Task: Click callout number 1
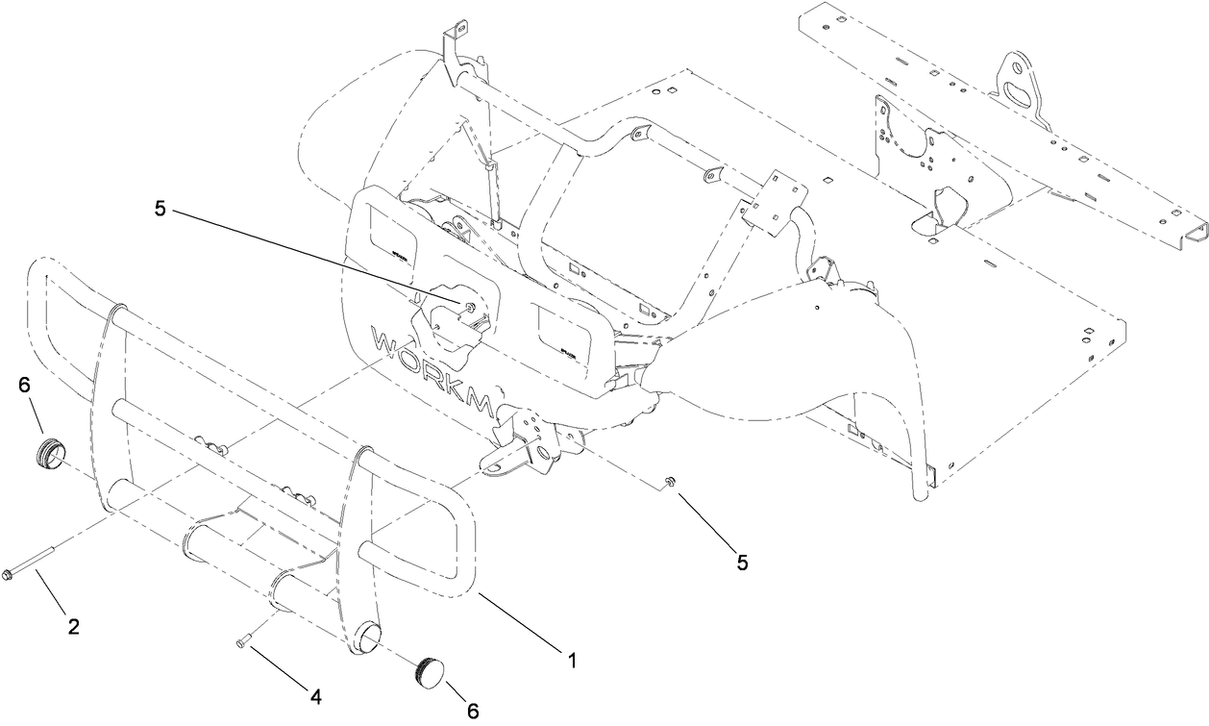(571, 661)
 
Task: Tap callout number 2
(73, 627)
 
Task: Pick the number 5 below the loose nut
(740, 561)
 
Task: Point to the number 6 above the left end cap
(24, 386)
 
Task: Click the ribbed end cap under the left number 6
(49, 453)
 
